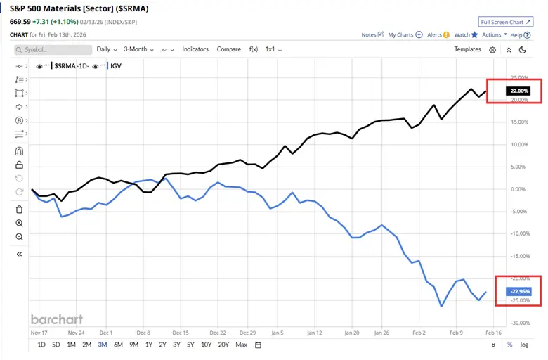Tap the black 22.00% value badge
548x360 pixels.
coord(519,91)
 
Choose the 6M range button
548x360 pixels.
coord(118,345)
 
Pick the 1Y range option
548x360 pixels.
coord(149,345)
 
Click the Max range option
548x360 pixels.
coord(241,345)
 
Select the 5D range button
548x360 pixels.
coord(56,345)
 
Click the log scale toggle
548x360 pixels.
coord(524,345)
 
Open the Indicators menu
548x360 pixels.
coord(195,49)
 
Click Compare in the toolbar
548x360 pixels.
coord(228,49)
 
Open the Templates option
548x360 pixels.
coord(467,49)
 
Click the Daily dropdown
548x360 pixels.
coord(106,49)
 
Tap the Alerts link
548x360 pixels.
coord(437,34)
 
